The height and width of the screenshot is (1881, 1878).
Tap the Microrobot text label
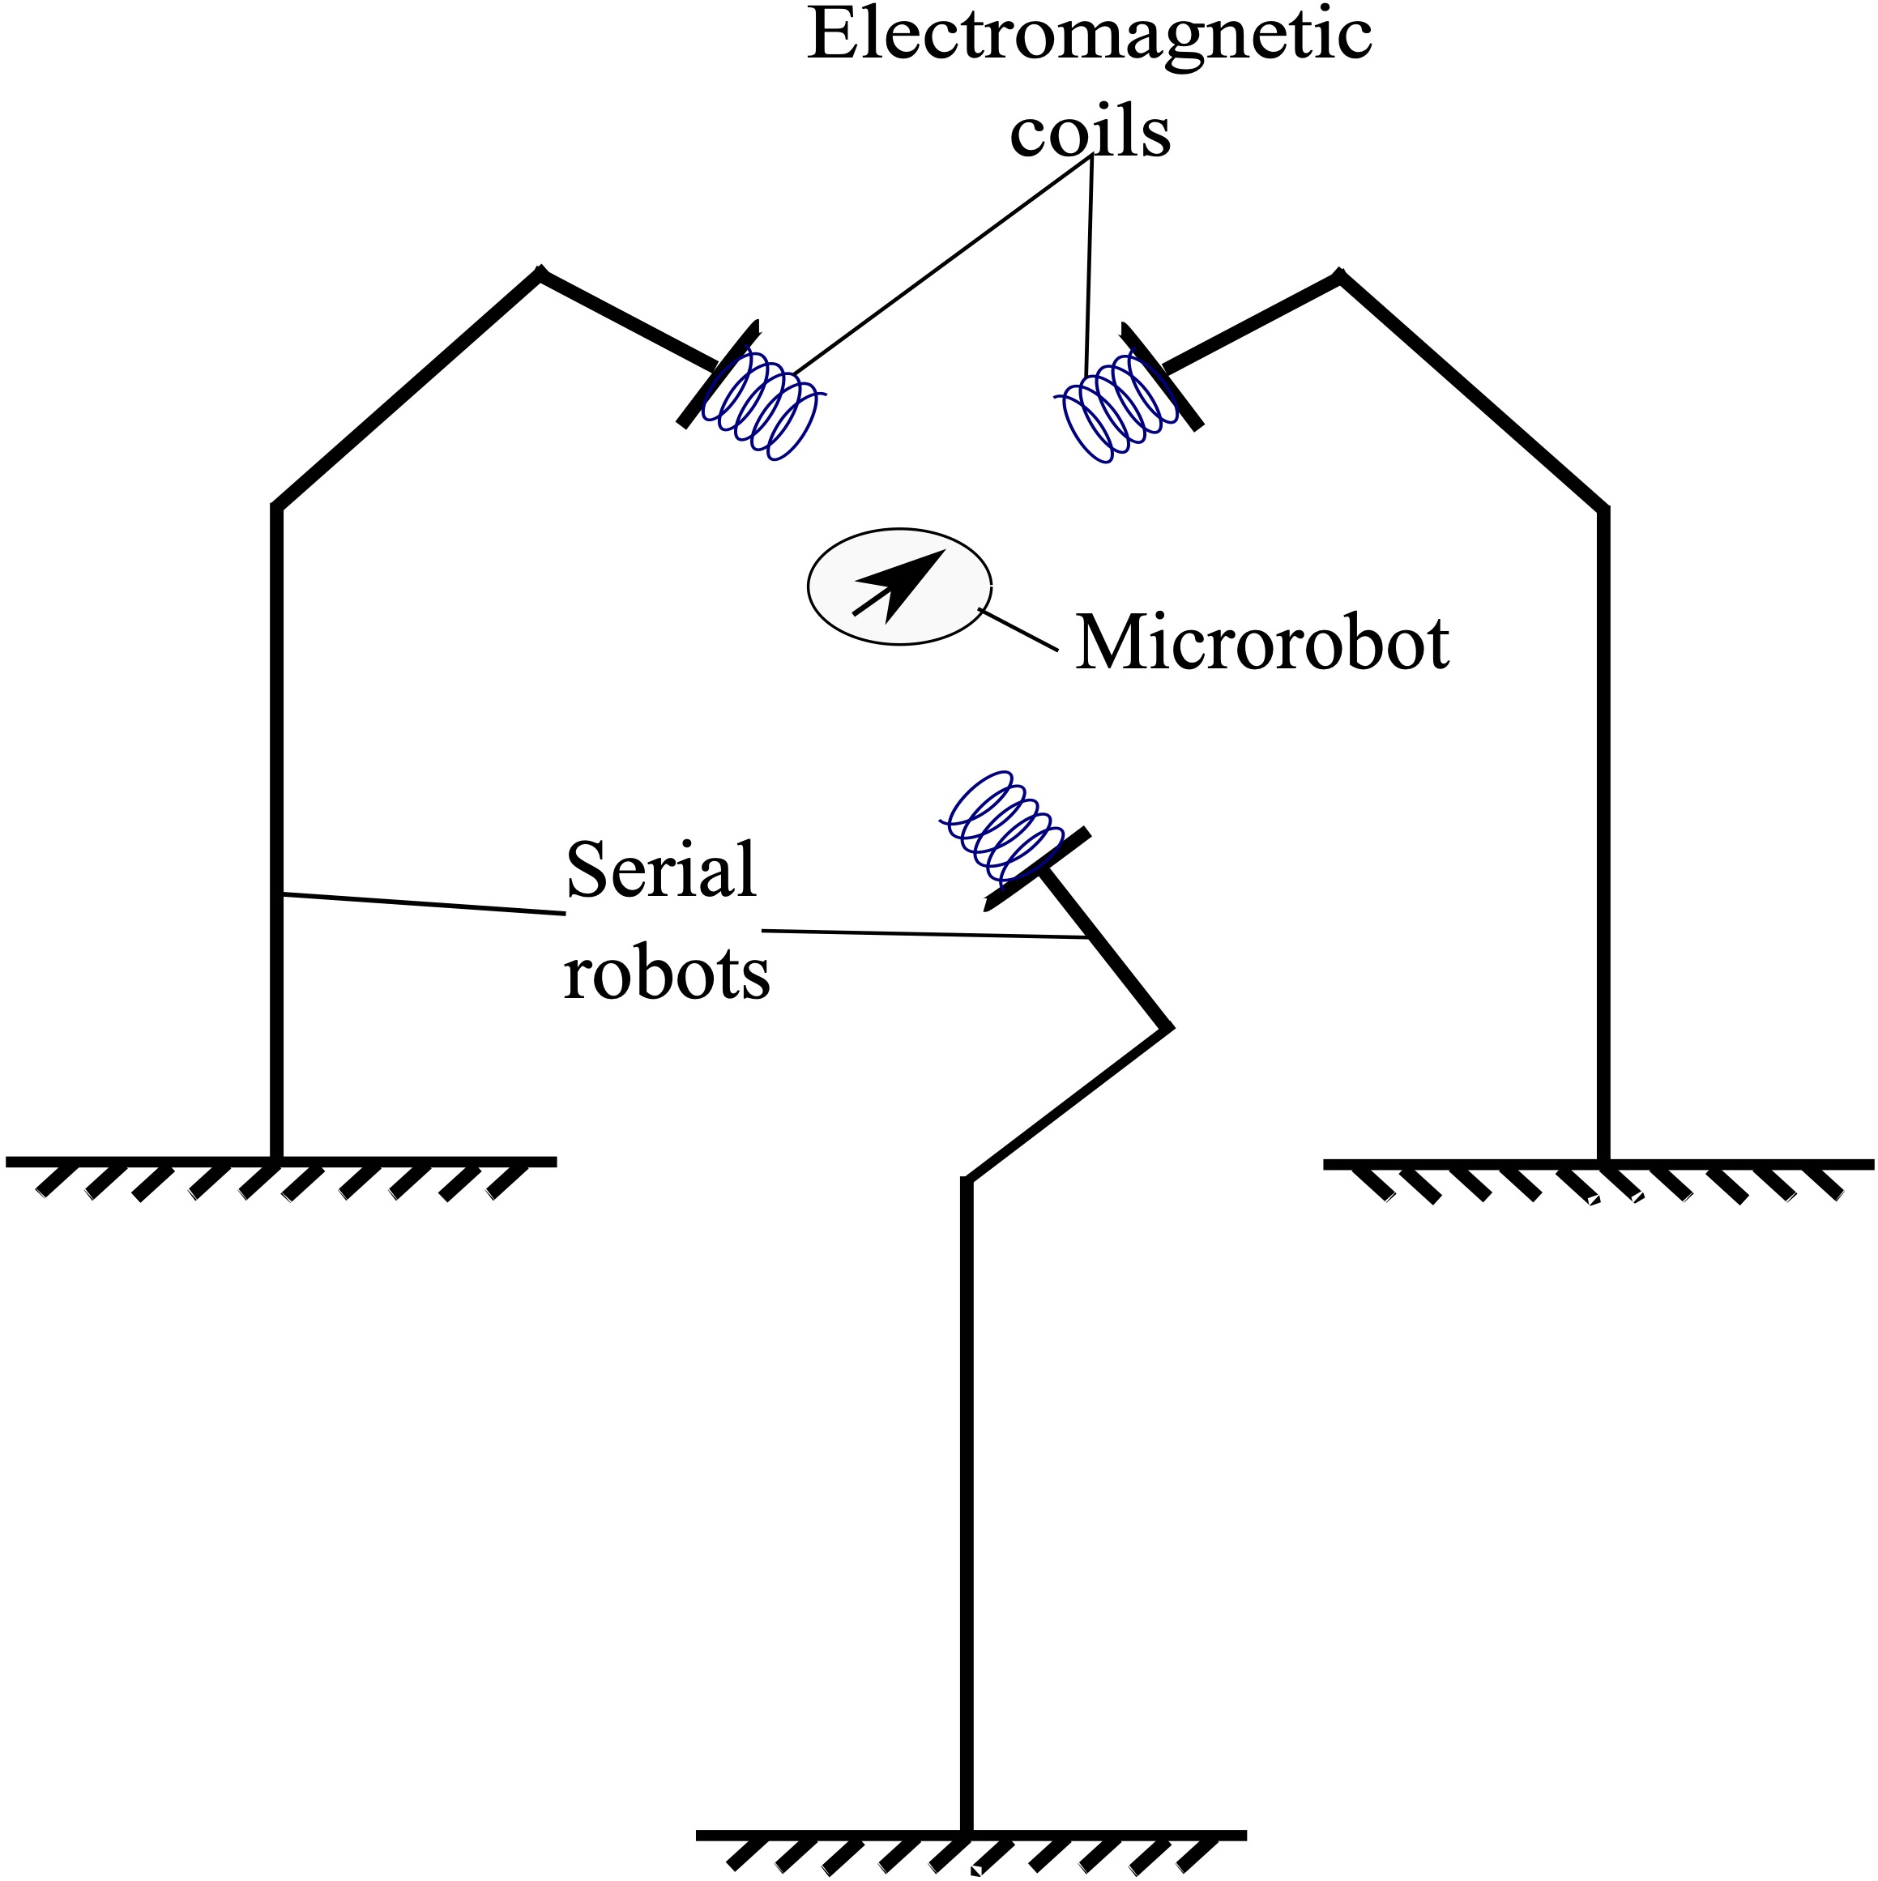[x=1261, y=643]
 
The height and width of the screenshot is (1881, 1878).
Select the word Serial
[x=660, y=869]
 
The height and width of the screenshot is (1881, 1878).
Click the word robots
[x=666, y=973]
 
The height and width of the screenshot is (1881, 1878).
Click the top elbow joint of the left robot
[x=541, y=275]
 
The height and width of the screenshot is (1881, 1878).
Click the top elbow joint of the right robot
[x=1339, y=278]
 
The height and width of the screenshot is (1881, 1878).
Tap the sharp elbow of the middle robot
[x=1167, y=1027]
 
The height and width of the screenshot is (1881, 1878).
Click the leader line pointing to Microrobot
[x=1018, y=629]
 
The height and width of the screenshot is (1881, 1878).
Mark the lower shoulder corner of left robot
[x=277, y=507]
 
